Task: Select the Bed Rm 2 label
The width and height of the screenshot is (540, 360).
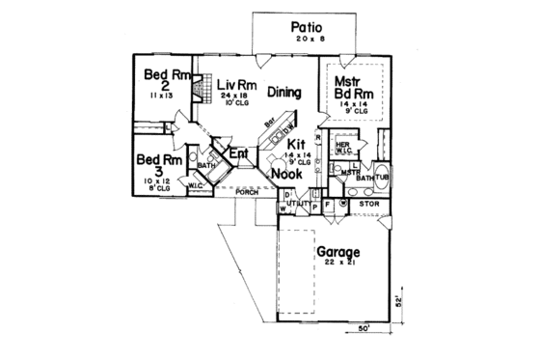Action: pos(158,81)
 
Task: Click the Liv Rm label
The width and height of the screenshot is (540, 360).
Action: pos(233,83)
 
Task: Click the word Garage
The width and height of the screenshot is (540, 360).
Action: pos(339,254)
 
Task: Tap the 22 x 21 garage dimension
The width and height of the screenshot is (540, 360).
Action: pos(340,267)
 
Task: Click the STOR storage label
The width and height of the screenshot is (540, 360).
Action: pos(368,204)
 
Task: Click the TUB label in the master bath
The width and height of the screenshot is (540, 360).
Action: pos(381,177)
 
